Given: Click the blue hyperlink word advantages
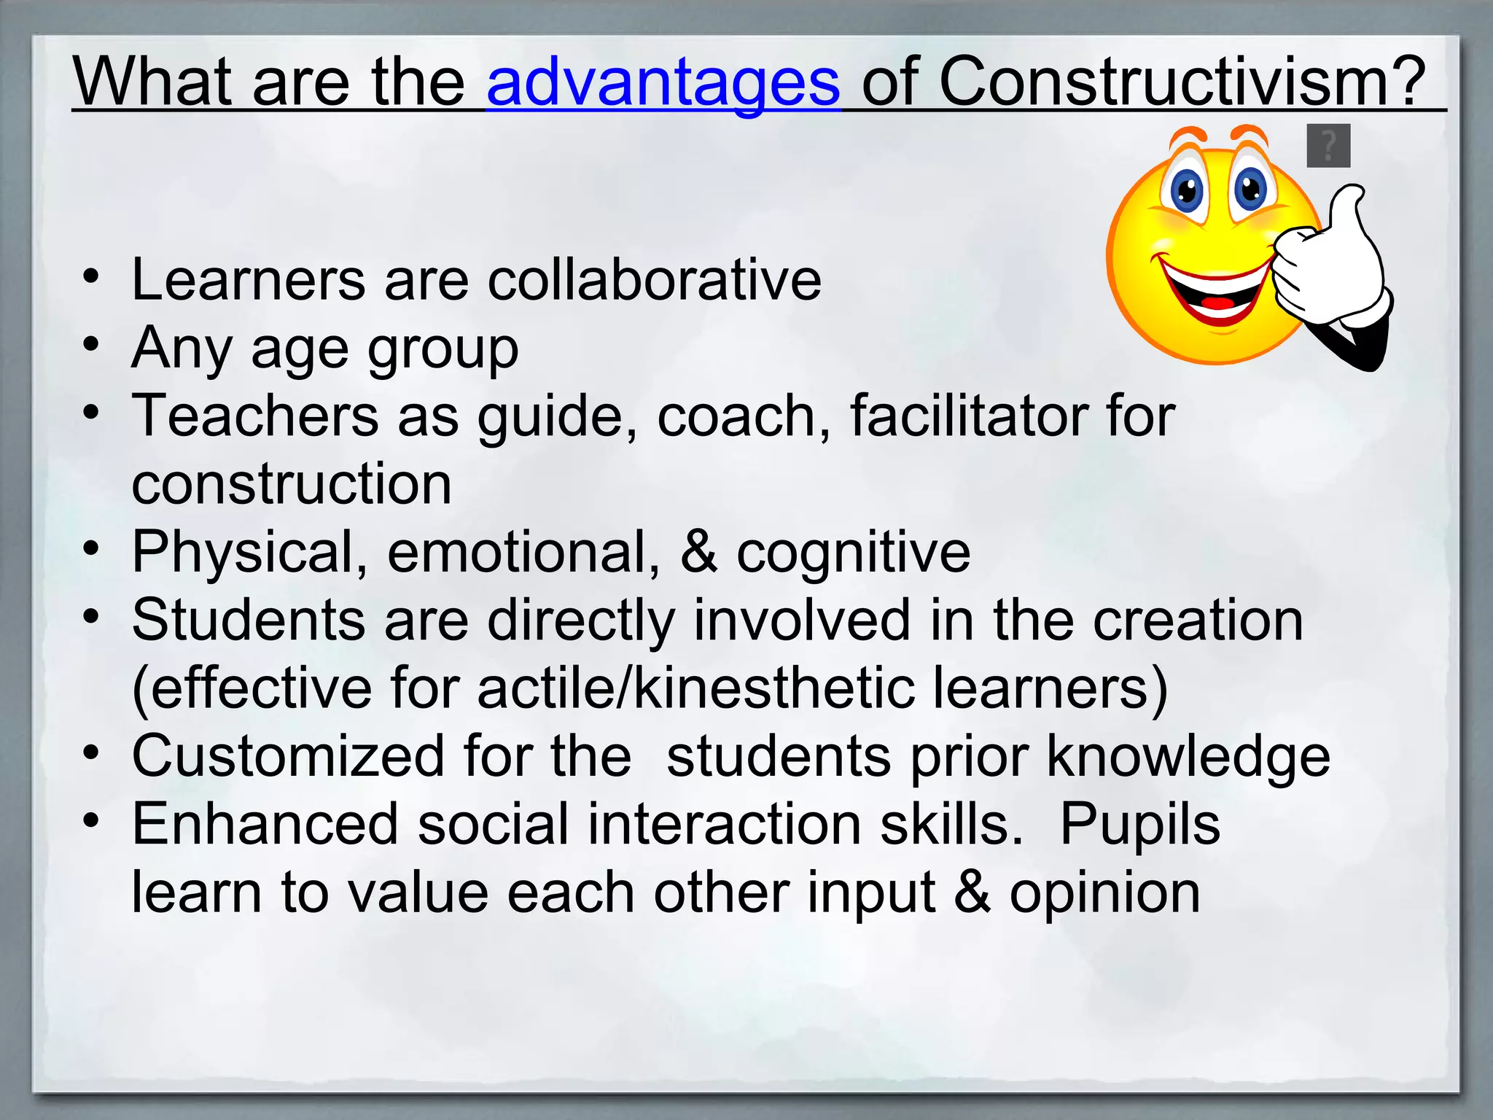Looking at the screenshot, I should click(x=663, y=83).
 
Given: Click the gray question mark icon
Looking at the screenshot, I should click(x=1328, y=146).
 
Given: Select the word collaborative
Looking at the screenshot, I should click(x=654, y=280).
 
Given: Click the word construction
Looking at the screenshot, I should click(x=292, y=484).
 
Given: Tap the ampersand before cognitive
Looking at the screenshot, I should click(x=698, y=552).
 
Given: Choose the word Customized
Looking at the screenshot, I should click(x=288, y=756).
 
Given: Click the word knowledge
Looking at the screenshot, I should click(x=1188, y=757).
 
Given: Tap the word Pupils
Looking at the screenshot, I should click(x=1139, y=825).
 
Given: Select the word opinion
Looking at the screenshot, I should click(x=1104, y=892).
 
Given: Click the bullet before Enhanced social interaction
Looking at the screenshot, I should click(x=90, y=821).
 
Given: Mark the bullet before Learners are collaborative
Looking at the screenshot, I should click(x=90, y=277).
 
